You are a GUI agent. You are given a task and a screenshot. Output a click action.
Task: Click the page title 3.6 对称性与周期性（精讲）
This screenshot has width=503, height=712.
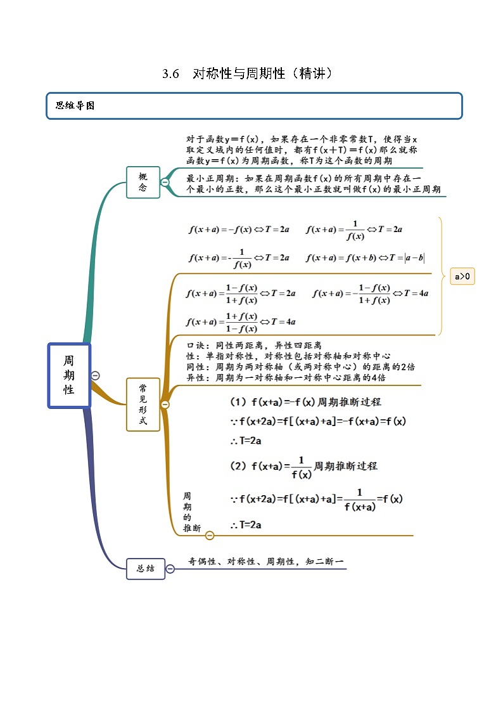[x=248, y=74]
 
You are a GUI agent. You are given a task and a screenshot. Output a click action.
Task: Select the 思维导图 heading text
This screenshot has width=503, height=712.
[x=75, y=106]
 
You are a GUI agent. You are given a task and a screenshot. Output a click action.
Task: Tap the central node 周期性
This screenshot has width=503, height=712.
[x=69, y=375]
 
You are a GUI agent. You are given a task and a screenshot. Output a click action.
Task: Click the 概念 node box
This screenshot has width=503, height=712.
[x=143, y=182]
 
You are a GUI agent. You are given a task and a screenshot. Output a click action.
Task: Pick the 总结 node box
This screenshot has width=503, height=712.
[x=145, y=569]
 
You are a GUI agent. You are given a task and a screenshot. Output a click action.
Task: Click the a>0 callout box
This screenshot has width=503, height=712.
[x=462, y=276]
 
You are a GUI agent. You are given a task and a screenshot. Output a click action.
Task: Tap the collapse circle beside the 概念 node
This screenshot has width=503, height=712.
[x=165, y=183]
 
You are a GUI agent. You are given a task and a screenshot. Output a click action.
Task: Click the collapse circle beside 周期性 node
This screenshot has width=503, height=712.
[x=95, y=375]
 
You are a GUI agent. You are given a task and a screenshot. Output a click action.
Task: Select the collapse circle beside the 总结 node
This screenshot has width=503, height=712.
[x=170, y=569]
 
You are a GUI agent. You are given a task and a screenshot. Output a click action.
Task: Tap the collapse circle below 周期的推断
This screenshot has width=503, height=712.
[x=210, y=536]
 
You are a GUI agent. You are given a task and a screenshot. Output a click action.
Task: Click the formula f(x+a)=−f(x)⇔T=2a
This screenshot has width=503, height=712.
[x=239, y=230]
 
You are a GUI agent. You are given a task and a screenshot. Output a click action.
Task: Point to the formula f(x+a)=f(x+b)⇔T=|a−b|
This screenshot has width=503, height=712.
[x=365, y=257]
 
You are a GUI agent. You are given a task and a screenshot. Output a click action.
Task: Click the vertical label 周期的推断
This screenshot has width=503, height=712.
[x=188, y=511]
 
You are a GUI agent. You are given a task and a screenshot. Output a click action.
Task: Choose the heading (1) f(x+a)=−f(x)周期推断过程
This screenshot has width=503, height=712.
[x=305, y=402]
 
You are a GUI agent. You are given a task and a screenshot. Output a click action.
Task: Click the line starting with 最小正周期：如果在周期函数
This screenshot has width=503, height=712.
[x=304, y=179]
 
